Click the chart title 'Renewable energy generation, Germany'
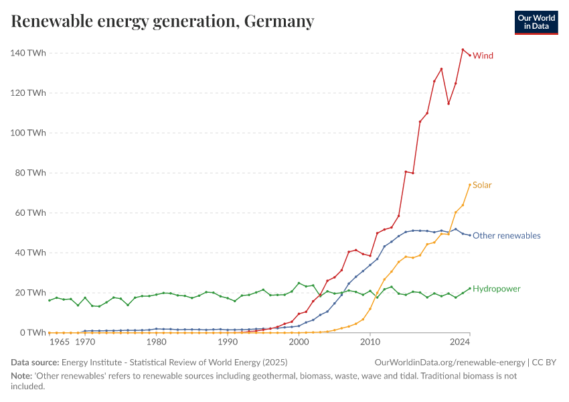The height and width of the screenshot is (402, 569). coord(163,21)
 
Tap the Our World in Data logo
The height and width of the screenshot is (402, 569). coord(536,22)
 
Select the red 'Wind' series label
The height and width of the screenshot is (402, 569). coord(483,56)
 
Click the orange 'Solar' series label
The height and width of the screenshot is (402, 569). coord(482,185)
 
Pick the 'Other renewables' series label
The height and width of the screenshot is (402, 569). coord(506,236)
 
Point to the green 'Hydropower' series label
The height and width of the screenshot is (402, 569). coord(496,289)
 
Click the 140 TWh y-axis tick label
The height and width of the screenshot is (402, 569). coord(27,53)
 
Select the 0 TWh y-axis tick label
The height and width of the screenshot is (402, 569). coord(32,333)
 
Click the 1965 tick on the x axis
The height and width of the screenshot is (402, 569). coord(59,342)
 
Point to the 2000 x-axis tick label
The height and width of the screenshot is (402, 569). coord(299,342)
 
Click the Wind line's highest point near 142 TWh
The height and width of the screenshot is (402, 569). coord(463,50)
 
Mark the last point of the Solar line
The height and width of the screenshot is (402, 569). coord(470,184)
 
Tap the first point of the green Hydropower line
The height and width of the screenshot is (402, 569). coord(50,300)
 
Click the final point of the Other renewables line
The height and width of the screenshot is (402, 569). coord(470,235)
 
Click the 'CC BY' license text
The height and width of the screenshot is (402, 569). coord(545,362)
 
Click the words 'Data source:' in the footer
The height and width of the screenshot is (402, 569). coord(35,362)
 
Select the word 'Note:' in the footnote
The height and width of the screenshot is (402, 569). coord(22,376)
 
